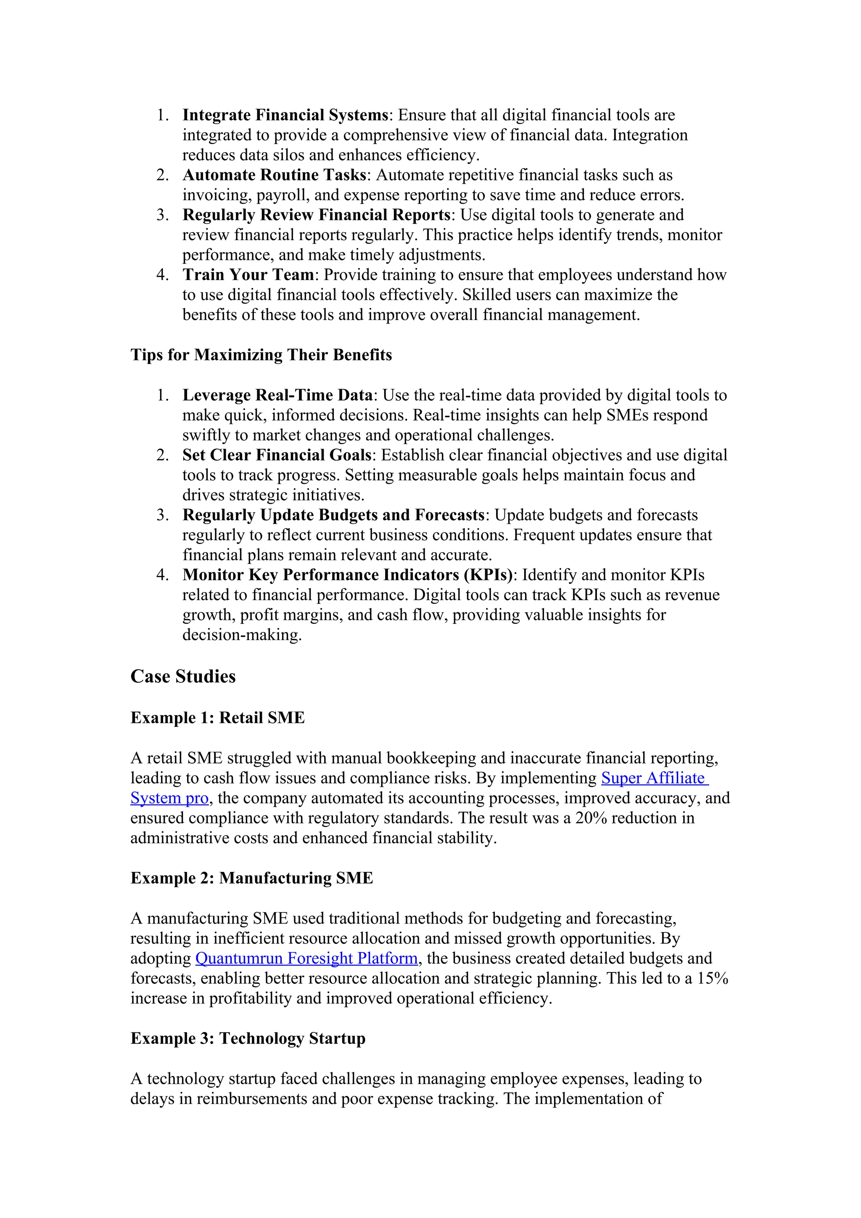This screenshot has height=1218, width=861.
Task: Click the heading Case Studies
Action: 183,676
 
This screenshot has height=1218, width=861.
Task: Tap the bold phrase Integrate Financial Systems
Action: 285,115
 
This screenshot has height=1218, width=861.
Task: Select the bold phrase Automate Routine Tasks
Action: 274,175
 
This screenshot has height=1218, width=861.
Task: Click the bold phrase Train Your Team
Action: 248,275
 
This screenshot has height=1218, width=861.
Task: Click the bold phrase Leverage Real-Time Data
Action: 278,395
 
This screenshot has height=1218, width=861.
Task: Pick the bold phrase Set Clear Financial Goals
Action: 277,455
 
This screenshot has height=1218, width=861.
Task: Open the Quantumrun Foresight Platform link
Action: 306,959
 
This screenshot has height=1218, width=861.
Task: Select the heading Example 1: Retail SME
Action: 217,718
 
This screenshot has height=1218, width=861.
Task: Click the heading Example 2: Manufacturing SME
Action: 252,878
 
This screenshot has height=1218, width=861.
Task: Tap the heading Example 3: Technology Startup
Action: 248,1038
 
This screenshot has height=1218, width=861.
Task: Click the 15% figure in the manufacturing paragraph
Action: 713,978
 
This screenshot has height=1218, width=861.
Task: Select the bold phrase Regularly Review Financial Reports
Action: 317,215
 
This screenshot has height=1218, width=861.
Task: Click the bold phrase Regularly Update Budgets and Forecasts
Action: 333,515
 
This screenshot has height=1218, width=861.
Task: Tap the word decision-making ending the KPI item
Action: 241,635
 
